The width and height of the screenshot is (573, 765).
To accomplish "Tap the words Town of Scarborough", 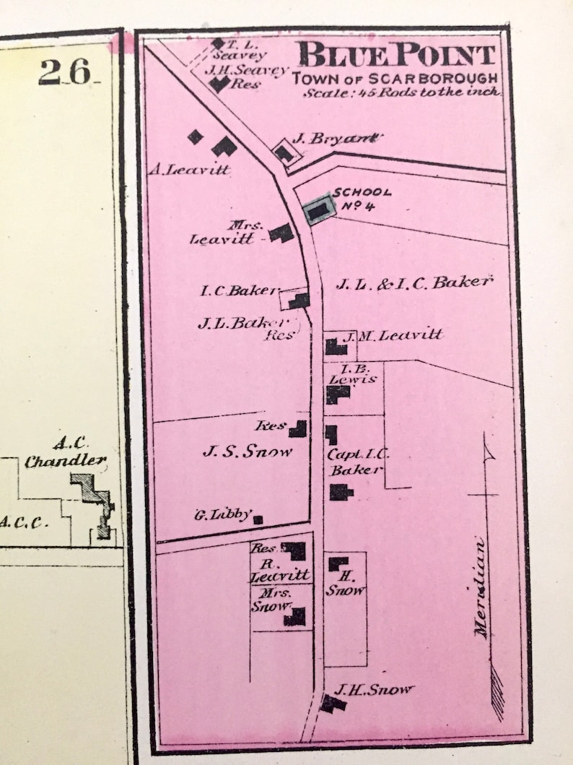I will coord(395,78).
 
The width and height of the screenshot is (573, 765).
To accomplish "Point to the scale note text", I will coord(401,92).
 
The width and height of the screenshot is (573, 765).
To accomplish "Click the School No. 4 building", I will coord(318,211).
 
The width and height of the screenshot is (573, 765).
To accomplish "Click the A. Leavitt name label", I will coord(189,170).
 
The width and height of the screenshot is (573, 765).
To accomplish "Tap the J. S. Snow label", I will coord(248,452).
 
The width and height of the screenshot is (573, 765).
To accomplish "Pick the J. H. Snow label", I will coord(374,690).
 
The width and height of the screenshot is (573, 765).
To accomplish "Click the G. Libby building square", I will coord(258,519).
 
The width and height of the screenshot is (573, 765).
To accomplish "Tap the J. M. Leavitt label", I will coord(390,335).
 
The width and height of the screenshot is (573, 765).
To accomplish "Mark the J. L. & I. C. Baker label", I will coord(413,284).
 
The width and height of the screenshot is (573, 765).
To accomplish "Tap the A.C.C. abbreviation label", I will coord(24,522).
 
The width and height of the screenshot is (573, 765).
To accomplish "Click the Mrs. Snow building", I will coord(294,617).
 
